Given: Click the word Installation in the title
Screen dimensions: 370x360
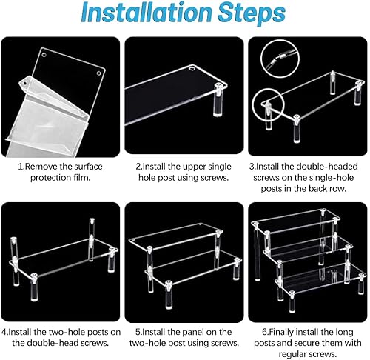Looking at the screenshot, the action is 147,12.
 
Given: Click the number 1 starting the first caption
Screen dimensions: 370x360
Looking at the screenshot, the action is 21,167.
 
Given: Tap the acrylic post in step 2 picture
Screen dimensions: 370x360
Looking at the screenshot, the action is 218,100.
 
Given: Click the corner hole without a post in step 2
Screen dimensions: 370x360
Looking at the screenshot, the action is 192,68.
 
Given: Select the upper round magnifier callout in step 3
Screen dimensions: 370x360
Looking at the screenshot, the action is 280,59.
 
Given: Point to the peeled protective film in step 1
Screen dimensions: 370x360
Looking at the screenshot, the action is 47,116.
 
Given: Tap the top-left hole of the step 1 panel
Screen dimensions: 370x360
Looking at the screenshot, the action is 44,55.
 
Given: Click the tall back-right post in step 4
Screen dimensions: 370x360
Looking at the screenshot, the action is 92,239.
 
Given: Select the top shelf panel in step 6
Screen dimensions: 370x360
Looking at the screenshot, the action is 295,221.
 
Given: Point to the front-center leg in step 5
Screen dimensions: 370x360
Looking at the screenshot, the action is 169,295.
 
